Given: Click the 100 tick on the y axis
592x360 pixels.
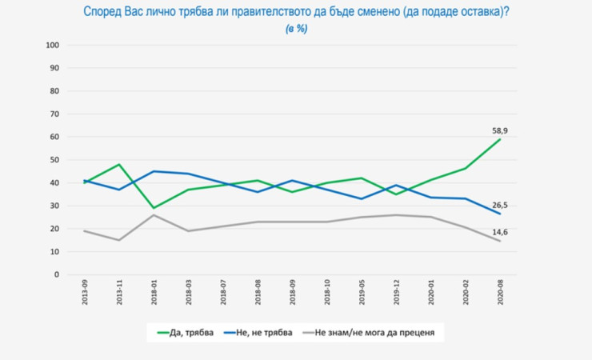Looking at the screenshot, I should pyautogui.click(x=54, y=46).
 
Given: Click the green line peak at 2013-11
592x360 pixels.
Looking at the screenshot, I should pyautogui.click(x=118, y=165).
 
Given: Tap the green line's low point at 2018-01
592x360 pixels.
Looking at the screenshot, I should pyautogui.click(x=153, y=208).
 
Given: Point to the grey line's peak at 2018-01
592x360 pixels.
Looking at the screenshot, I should pyautogui.click(x=153, y=215).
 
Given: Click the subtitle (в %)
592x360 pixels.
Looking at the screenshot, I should pyautogui.click(x=296, y=29).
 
